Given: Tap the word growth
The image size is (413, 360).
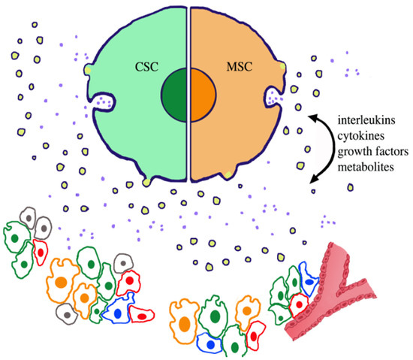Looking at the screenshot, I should [339, 153].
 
